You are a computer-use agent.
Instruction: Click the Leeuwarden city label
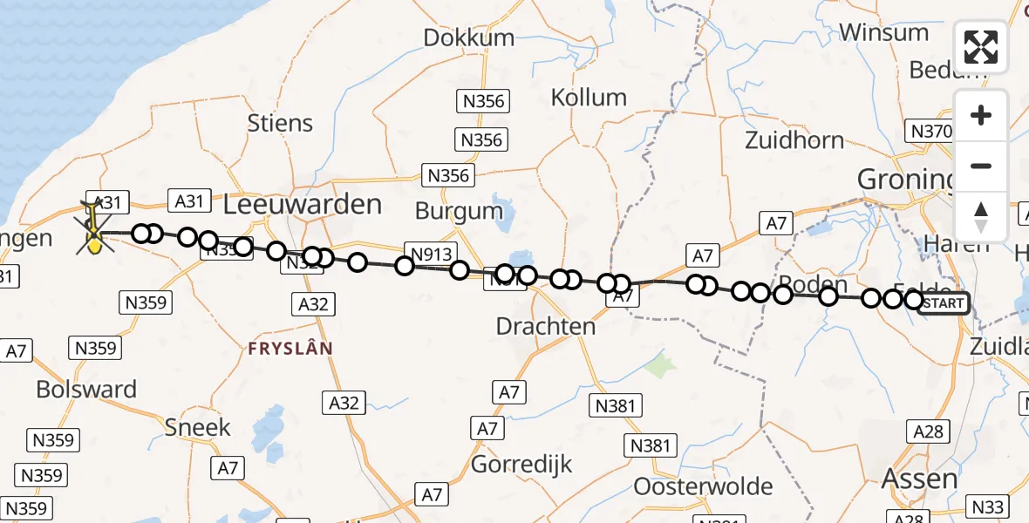click(x=303, y=205)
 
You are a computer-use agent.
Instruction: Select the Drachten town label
click(x=545, y=326)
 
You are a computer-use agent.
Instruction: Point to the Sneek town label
click(x=198, y=427)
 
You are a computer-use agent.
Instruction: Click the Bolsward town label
click(x=86, y=389)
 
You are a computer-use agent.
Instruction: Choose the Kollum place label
click(x=589, y=98)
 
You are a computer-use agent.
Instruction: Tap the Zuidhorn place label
click(x=794, y=140)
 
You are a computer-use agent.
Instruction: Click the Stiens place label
click(x=279, y=123)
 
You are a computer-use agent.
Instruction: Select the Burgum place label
click(x=459, y=210)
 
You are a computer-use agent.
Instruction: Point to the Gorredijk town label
click(x=521, y=464)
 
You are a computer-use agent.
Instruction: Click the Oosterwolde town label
click(x=703, y=486)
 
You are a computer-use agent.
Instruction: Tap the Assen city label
click(x=919, y=479)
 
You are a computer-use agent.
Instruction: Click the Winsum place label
click(x=883, y=33)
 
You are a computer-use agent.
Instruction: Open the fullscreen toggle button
click(x=981, y=47)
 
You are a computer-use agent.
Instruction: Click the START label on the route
click(x=944, y=303)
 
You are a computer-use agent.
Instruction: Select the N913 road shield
click(x=431, y=255)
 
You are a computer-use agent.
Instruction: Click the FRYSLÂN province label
click(x=290, y=348)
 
